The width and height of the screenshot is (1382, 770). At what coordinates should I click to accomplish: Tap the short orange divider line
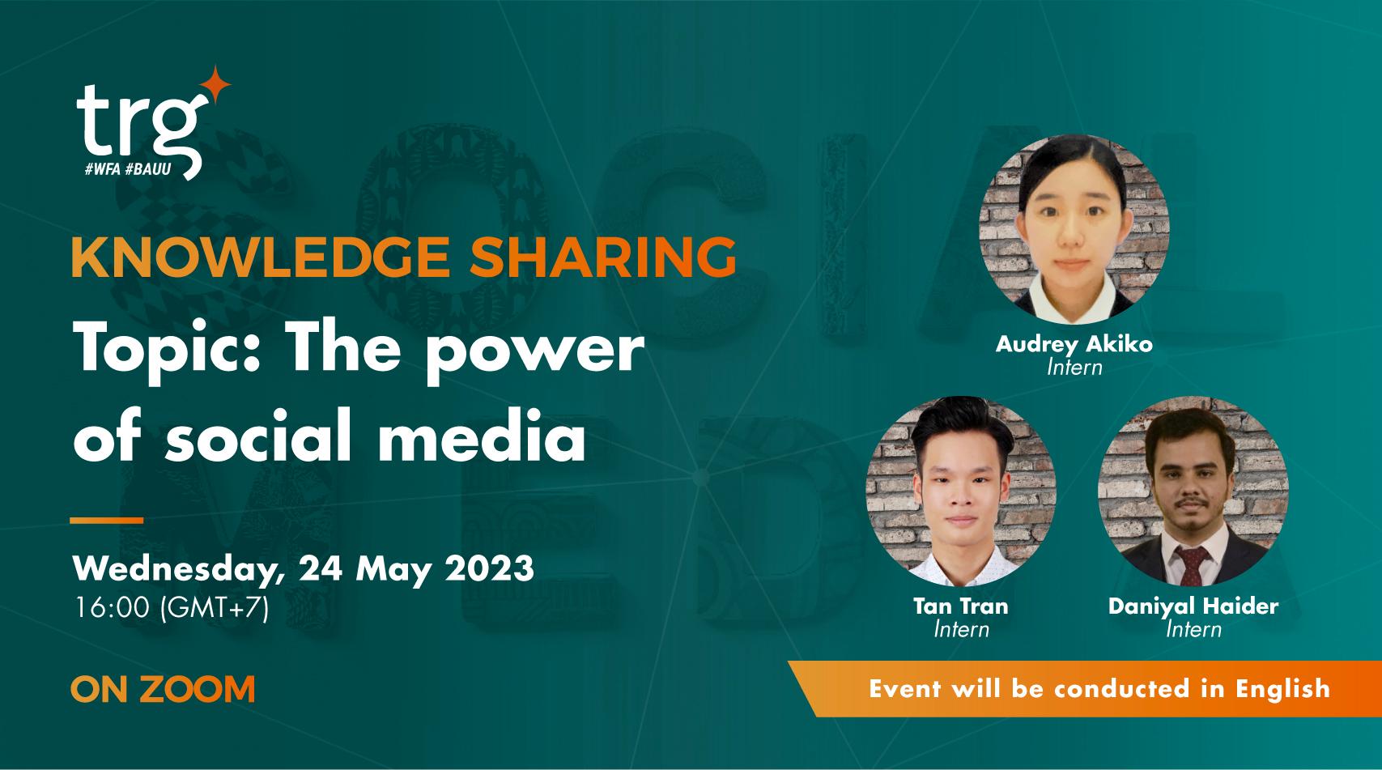point(106,521)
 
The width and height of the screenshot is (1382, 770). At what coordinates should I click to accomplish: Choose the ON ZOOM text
point(163,690)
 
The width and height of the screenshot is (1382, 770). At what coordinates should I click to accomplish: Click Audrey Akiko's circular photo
point(1074,229)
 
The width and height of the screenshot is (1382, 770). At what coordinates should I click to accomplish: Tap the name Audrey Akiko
point(1074,344)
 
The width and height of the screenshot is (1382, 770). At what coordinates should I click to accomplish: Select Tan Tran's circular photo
point(961,491)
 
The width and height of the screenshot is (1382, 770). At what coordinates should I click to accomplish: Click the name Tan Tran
point(961,606)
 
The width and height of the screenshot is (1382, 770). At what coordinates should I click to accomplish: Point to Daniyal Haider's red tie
point(1193,564)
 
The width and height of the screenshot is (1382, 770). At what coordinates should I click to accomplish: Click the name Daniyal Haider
point(1193,606)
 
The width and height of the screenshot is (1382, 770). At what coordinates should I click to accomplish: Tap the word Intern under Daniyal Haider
point(1193,629)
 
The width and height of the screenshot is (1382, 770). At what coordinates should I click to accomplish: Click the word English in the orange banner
point(1282,688)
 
